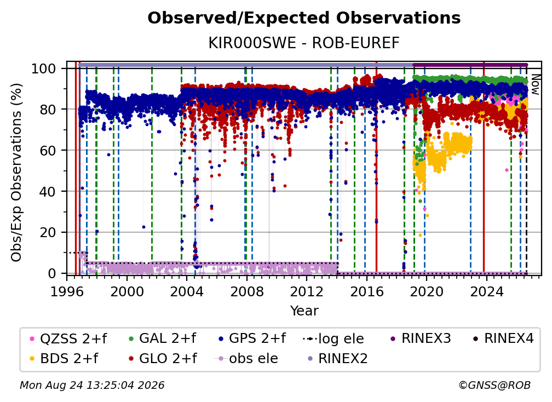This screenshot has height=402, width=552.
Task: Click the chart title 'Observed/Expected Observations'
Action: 304,18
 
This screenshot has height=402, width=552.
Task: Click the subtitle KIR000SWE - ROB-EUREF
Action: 304,43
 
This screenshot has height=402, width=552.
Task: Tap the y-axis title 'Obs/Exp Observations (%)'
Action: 16,173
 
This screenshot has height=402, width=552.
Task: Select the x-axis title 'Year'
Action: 304,311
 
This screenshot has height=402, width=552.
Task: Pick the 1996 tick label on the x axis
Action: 67,292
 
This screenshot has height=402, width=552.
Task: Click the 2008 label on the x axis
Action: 247,292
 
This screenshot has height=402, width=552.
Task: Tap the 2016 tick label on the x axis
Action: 366,292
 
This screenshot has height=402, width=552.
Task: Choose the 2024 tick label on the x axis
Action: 486,292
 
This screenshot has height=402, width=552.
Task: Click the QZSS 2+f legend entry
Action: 68,338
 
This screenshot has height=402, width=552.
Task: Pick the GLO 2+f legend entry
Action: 163,359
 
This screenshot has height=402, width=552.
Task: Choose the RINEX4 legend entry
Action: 503,338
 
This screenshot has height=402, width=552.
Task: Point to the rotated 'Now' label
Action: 535,84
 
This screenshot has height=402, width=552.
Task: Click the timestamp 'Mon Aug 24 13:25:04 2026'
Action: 92,386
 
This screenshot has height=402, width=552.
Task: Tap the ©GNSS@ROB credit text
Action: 495,386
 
